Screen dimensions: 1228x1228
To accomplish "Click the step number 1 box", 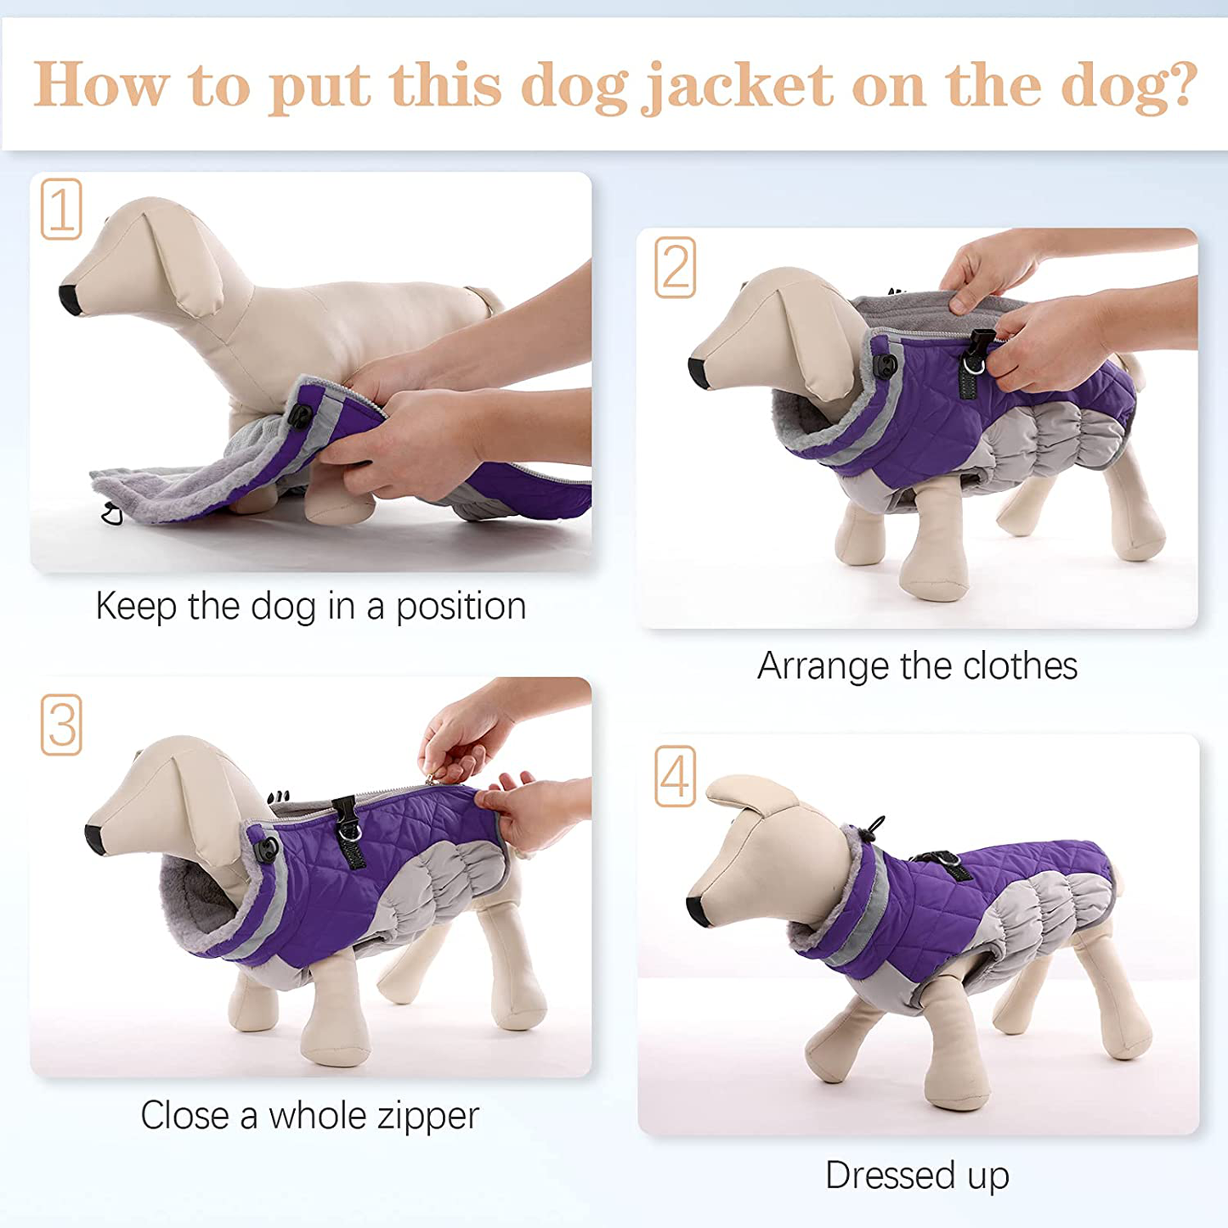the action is tap(61, 209).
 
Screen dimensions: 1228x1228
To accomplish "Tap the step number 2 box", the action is tap(675, 267).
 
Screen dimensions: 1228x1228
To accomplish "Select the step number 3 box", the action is tap(61, 725).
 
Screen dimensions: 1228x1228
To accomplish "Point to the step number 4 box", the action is tap(675, 776).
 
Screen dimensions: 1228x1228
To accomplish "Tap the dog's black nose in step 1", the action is tap(70, 299).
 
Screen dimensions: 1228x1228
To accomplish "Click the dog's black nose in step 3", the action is tap(95, 840).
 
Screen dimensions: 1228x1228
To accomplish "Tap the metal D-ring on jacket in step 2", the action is tap(973, 365).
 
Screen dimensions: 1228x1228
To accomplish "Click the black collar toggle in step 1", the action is tap(300, 416).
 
